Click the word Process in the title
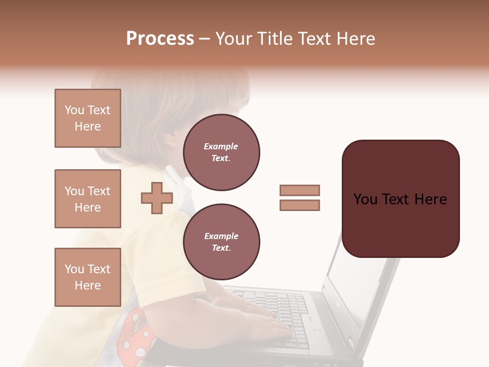(x=160, y=39)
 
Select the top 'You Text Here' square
(x=88, y=118)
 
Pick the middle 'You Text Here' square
(x=88, y=199)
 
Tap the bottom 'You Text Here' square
(x=88, y=277)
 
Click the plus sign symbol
(x=156, y=198)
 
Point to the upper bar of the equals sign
(x=300, y=190)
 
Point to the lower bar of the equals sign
(x=300, y=205)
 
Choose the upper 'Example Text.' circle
(x=221, y=152)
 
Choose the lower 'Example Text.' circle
(x=221, y=242)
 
